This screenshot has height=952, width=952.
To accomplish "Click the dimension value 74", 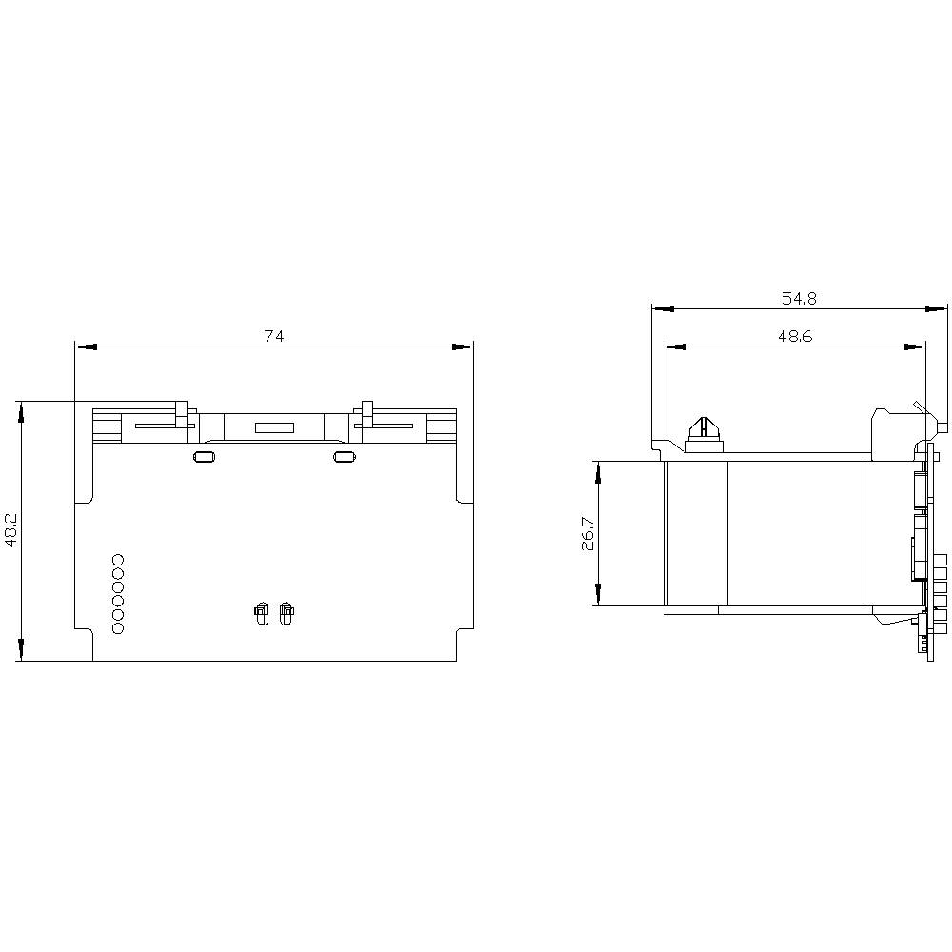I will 274,336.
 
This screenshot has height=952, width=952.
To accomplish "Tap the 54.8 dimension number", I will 799,298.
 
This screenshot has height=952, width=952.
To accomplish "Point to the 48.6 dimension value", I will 793,336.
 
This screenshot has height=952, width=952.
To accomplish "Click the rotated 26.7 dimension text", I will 586,534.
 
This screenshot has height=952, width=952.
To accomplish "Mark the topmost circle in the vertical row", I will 118,559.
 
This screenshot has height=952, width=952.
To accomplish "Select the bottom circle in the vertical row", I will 118,629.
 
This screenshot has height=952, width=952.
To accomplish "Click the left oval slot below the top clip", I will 203,458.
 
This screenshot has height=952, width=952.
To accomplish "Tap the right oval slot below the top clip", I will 344,458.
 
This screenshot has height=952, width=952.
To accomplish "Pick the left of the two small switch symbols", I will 261,614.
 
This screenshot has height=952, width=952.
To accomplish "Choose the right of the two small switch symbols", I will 286,614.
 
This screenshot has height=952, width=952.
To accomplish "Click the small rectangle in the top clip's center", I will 274,428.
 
